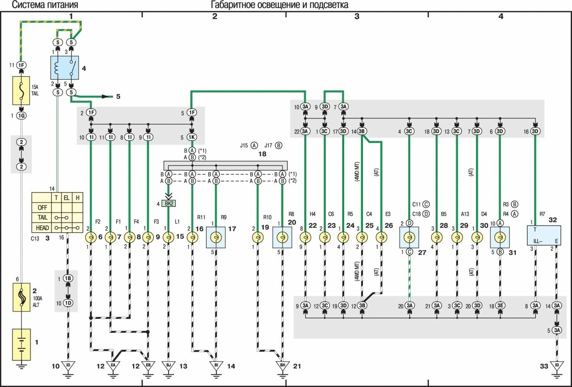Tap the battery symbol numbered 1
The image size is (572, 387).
pos(21,345)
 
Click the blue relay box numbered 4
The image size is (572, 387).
pos(65,67)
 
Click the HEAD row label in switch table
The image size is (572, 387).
pos(42,228)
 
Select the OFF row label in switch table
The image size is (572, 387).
pos(42,207)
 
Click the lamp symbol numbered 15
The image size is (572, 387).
pos(168,237)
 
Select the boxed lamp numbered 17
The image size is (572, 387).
pos(216,237)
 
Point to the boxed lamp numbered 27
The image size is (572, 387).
pos(409,237)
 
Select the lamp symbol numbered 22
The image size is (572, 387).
pos(305,237)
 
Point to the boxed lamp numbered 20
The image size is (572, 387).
pos(282,237)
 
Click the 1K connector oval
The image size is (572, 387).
pos(192,137)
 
